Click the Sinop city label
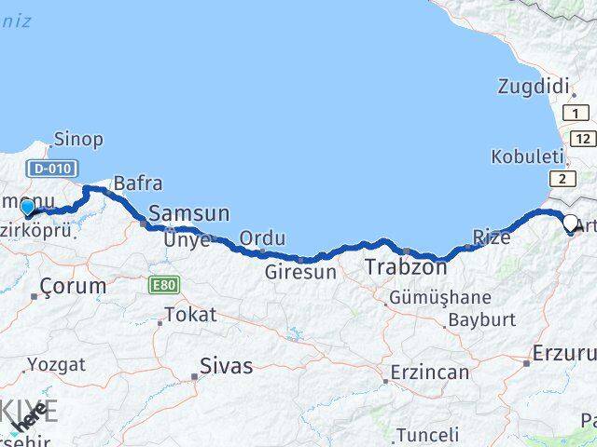point(78,140)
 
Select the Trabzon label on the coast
point(405,266)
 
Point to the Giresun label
point(299,273)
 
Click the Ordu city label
point(262,238)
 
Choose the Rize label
point(492,237)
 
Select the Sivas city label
point(226,366)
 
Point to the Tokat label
point(190,314)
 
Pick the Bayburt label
point(481,319)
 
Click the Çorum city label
point(73,287)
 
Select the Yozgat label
point(56,364)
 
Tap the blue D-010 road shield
point(52,169)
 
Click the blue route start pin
point(28,208)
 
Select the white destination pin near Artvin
point(570,223)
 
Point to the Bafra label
point(138,183)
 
